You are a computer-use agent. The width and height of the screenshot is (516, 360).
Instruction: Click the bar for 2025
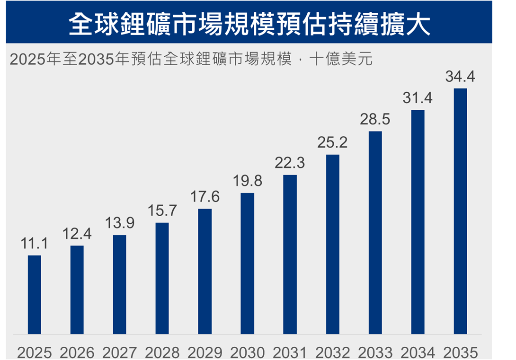(35, 295)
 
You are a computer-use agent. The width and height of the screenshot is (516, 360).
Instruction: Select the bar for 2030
(247, 263)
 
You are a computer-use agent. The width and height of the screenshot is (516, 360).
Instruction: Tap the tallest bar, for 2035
(460, 211)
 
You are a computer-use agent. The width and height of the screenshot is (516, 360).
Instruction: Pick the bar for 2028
(162, 278)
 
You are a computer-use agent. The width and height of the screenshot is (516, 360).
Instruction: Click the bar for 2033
(375, 232)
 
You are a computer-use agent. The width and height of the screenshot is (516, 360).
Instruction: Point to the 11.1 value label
(34, 244)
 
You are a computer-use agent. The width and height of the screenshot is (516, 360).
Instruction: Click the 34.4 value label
(460, 77)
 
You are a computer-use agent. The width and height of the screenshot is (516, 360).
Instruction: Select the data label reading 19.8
(247, 181)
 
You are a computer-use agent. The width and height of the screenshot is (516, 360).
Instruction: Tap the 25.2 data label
(332, 142)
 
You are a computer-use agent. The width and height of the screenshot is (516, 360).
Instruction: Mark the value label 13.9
(119, 223)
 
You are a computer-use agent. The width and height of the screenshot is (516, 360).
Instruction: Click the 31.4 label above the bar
(418, 98)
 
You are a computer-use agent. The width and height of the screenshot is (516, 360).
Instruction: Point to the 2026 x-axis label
(77, 352)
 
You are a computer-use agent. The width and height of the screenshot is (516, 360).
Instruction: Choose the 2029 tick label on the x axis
(205, 352)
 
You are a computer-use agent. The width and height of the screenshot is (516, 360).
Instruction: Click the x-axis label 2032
(332, 352)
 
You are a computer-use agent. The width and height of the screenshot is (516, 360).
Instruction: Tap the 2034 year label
(418, 352)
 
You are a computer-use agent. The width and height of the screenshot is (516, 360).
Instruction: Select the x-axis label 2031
(290, 352)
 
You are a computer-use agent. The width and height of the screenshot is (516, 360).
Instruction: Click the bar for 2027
(119, 284)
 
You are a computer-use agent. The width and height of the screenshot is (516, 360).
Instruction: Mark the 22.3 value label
(290, 163)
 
